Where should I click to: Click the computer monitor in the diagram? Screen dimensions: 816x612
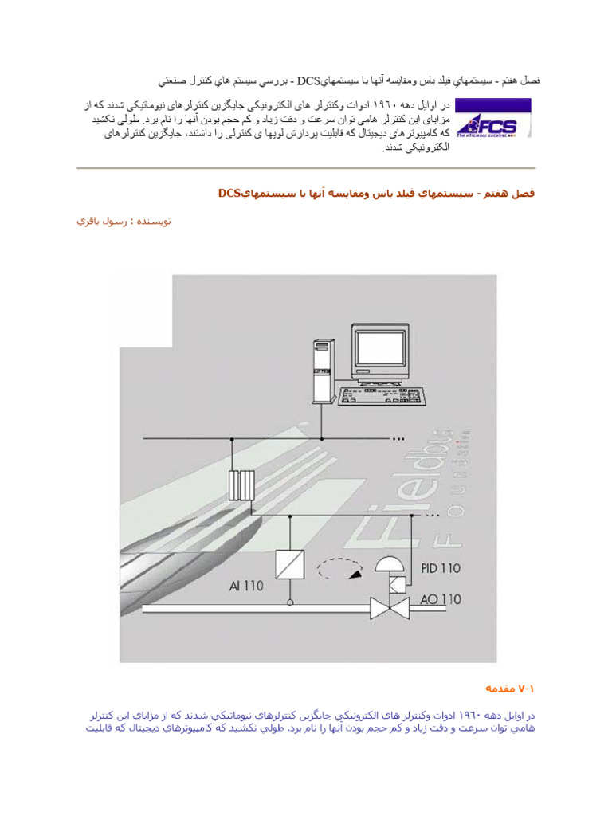[386, 351]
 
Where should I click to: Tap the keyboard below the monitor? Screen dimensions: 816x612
[383, 396]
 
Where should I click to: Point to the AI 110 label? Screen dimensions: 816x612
[245, 586]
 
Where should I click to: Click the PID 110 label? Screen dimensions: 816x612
[439, 569]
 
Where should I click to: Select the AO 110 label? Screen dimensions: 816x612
[439, 598]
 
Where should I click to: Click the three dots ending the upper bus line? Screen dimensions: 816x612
[399, 438]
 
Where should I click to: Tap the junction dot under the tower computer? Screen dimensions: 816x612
[322, 438]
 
